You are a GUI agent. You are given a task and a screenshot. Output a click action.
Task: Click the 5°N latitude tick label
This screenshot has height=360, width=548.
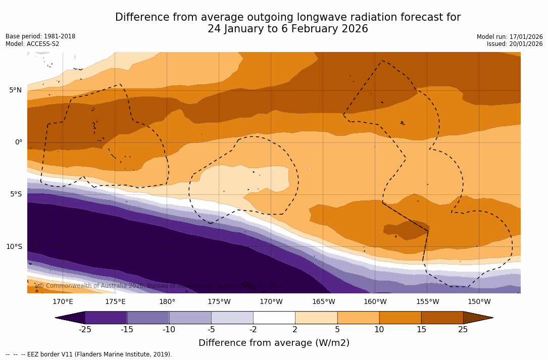pos(15,90)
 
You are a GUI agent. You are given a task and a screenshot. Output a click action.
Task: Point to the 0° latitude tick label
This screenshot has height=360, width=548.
pos(18,142)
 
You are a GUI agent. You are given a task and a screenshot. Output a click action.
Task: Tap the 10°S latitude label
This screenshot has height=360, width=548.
pos(14,247)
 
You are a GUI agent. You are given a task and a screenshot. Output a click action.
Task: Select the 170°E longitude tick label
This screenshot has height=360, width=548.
pos(63,302)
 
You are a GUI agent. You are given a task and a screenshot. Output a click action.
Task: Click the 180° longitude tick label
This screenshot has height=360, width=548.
pos(167,302)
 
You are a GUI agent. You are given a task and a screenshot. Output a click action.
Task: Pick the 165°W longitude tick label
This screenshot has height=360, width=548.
pos(323,302)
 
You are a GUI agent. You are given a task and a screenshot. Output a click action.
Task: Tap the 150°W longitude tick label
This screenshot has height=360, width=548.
pos(479,302)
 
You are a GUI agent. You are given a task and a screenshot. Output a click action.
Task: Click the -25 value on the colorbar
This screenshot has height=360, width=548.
pos(85,330)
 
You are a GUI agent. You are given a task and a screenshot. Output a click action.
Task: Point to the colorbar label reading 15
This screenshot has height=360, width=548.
pos(421,330)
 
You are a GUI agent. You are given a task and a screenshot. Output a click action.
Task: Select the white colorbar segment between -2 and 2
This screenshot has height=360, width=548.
pos(274,318)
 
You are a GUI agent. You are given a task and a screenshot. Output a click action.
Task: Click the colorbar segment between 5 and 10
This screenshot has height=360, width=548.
pos(358,318)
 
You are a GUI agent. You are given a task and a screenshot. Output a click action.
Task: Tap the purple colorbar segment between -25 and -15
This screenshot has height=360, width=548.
pos(106,318)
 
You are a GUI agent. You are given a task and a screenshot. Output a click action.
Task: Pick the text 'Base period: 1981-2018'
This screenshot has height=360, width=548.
pos(40,36)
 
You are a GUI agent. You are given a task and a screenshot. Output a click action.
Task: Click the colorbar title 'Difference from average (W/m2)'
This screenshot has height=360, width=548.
pos(274,343)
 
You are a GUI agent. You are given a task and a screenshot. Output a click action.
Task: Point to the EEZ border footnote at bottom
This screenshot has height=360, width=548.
pos(89,354)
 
